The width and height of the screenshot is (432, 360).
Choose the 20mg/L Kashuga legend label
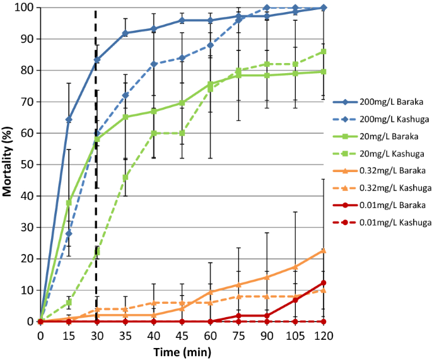390,153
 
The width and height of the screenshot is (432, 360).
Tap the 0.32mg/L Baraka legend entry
390,170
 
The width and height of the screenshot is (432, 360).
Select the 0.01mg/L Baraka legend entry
390,206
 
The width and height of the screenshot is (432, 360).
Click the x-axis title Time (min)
182,351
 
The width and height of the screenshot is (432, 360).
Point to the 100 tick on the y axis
25,8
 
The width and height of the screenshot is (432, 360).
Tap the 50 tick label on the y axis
27,165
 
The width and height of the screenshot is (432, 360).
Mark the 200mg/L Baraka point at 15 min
69,119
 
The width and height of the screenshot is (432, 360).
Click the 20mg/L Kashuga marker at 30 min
97,252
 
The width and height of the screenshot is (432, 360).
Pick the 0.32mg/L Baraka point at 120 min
323,250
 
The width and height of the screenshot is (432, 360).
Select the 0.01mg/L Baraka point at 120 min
323,282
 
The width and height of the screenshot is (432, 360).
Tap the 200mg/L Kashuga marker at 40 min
153,64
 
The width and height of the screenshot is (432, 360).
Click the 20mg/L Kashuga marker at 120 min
323,52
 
